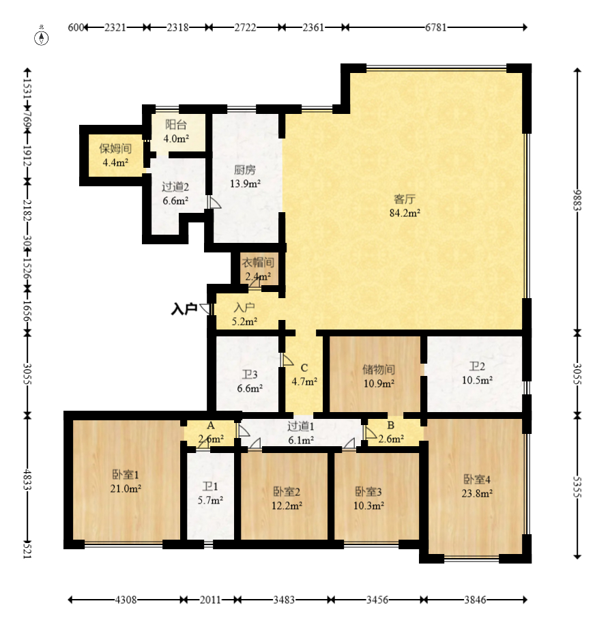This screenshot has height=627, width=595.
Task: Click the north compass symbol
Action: pos(42,37)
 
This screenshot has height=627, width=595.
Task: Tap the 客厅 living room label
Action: pos(405,199)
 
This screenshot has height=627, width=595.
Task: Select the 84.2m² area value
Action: pos(405,213)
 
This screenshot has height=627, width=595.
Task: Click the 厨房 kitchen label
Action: pos(245,170)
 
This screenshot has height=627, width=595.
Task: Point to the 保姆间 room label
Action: pos(115,149)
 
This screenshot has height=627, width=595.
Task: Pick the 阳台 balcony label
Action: pos(176,125)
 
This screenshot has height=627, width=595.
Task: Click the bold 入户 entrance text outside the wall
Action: pos(184,309)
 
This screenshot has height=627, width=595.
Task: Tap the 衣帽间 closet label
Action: pos(258,262)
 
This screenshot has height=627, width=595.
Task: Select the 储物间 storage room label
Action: pos(379,369)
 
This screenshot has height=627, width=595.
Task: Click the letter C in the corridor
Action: pos(304,368)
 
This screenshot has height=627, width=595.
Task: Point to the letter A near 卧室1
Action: pos(211,426)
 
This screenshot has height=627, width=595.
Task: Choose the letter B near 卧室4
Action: pos(391,425)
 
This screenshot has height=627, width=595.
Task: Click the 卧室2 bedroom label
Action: pos(287,491)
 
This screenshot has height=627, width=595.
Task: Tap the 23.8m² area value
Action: pos(477,493)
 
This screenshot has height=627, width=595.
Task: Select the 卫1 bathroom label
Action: pos(210,486)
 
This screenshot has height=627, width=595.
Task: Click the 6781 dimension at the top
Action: pos(436,27)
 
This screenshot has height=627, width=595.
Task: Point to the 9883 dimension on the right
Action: pos(577,200)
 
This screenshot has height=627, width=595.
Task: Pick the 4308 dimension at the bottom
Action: pos(126,600)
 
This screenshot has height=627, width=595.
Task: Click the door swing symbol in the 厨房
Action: pos(214,203)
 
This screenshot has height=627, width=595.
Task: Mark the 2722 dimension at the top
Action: pos(245,27)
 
